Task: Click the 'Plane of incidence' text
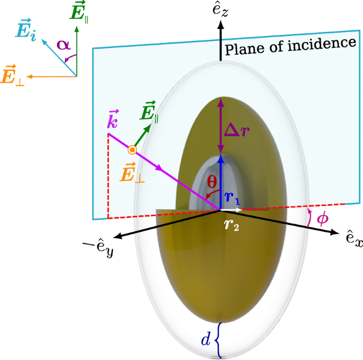(x=289, y=46)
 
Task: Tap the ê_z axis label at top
(x=222, y=13)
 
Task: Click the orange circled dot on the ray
(x=132, y=151)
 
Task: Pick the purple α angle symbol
(x=64, y=45)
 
